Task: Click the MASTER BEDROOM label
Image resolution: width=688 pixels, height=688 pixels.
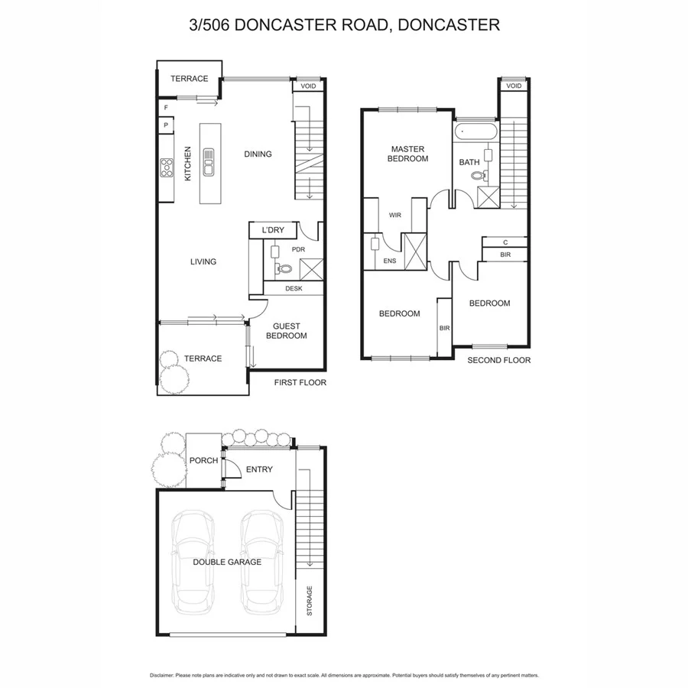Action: (409, 154)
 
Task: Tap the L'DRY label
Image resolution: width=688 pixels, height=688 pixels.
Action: (273, 230)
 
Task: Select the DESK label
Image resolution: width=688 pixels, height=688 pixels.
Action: (294, 289)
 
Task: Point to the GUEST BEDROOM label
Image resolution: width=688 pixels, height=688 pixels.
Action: (286, 330)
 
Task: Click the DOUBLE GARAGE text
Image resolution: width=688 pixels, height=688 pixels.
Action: (227, 562)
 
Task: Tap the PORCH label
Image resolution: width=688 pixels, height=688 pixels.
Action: (204, 460)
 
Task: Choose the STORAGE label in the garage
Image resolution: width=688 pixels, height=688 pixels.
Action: (310, 602)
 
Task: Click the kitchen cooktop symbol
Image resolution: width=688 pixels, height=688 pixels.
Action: (166, 167)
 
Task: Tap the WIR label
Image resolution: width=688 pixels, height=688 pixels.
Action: (394, 216)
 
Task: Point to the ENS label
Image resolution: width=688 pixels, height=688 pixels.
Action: (390, 261)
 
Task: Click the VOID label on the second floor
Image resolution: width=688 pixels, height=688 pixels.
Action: (514, 86)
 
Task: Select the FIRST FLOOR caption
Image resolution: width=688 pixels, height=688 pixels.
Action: (300, 382)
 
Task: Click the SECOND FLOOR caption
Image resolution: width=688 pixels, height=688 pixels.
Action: (498, 360)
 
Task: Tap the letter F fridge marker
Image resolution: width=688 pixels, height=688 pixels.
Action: (166, 109)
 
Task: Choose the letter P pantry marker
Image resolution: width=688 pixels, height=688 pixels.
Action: (166, 125)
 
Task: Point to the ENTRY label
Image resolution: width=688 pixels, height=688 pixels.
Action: (259, 469)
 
